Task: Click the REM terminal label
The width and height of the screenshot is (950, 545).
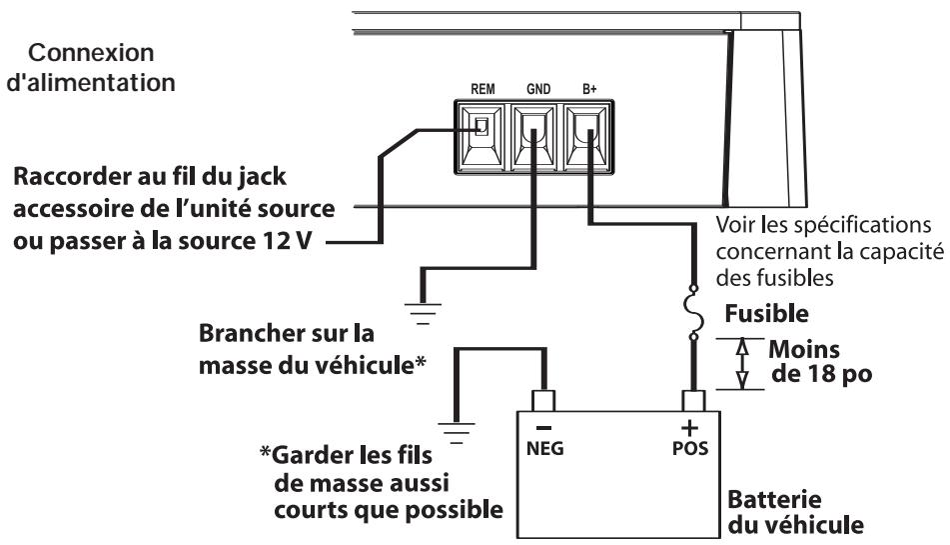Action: click(482, 90)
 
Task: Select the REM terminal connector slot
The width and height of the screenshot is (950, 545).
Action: click(482, 131)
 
